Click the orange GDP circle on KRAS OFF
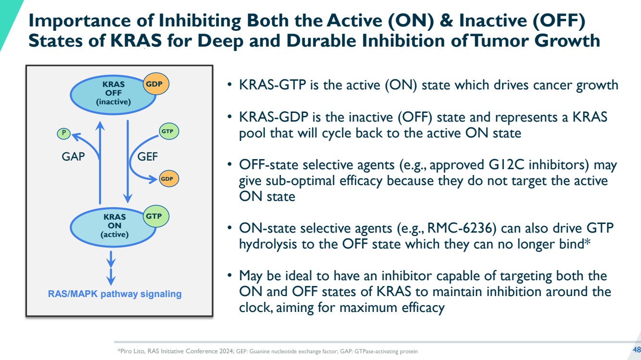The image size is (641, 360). coord(156,84)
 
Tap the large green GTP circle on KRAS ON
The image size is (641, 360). coord(156,216)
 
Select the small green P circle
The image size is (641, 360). coord(63,133)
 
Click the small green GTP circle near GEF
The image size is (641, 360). coord(169,131)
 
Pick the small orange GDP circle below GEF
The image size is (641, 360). coord(169,179)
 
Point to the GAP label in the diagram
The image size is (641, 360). coord(73,157)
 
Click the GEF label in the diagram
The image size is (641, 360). coord(147,157)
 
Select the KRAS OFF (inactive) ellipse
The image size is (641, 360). coord(113,95)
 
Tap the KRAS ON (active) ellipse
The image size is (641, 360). coord(113,227)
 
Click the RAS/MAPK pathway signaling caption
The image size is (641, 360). coord(115,294)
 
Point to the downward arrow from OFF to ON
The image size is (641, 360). coord(127,161)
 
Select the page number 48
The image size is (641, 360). coord(636,350)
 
